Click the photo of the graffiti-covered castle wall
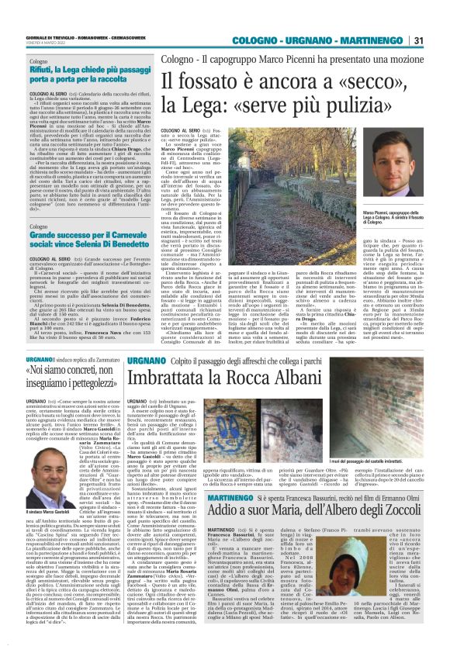[379, 415]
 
